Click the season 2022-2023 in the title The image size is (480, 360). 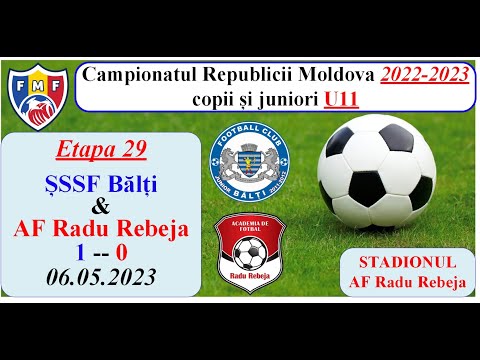[422, 75]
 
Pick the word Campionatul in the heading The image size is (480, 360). [140, 75]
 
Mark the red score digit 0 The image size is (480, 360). [121, 253]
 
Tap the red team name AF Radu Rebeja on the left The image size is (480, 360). [100, 230]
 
